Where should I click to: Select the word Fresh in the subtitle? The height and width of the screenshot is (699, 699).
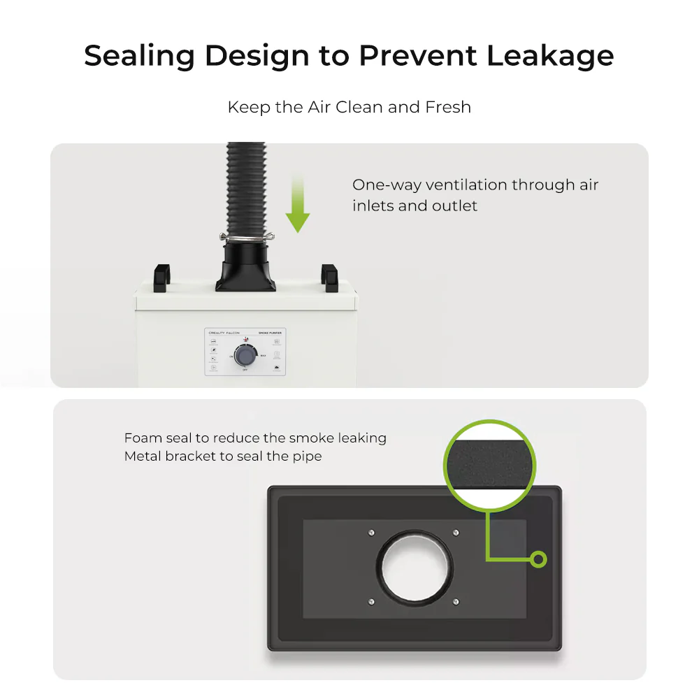[448, 108]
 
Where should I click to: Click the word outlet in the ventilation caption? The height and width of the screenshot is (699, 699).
[454, 206]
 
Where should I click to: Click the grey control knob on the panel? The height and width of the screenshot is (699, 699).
[245, 356]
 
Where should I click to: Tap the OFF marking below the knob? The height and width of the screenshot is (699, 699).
[245, 370]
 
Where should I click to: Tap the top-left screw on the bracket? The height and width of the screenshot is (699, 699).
[371, 533]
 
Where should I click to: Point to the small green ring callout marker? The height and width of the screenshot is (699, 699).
[538, 559]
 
